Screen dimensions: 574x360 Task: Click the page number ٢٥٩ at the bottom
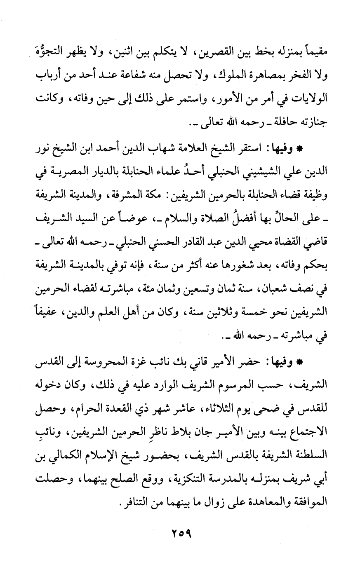(x=180, y=537)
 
